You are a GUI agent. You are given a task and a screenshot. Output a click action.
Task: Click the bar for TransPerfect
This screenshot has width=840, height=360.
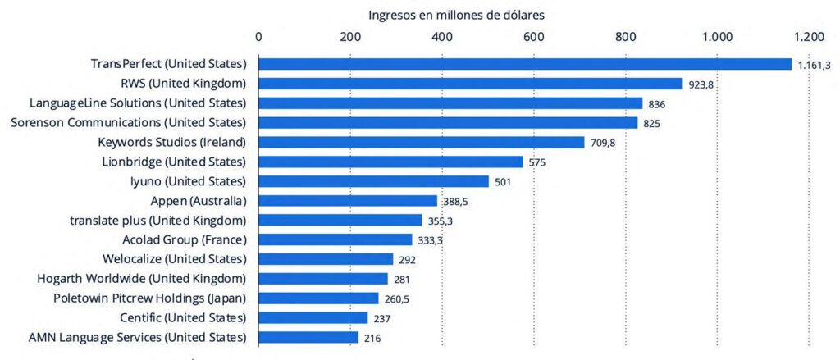[525, 64]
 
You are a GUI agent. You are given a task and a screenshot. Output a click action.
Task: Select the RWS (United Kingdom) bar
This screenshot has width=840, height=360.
[471, 84]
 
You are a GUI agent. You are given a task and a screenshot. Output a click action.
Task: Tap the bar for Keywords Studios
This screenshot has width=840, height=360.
[422, 142]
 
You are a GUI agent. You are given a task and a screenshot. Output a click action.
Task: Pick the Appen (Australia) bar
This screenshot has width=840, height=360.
[348, 201]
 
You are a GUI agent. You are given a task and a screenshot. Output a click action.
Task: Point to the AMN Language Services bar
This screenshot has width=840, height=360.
[308, 337]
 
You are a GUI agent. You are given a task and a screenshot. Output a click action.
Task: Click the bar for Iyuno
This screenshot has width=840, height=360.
[373, 181]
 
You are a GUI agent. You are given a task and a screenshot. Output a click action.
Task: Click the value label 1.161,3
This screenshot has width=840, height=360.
[815, 65]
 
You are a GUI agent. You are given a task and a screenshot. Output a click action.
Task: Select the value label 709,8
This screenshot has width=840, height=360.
[605, 143]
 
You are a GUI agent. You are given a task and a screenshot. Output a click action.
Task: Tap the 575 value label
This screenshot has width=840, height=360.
[537, 162]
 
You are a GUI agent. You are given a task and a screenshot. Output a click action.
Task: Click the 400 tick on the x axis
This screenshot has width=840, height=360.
[442, 36]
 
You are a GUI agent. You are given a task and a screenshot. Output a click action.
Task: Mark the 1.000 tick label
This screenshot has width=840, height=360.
[717, 36]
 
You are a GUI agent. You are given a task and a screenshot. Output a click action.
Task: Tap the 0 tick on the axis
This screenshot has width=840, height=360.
[259, 36]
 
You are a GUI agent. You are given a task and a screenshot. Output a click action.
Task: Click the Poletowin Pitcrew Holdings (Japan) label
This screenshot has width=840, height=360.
[149, 298]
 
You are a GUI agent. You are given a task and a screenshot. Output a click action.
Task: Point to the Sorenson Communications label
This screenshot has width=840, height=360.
[128, 122]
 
